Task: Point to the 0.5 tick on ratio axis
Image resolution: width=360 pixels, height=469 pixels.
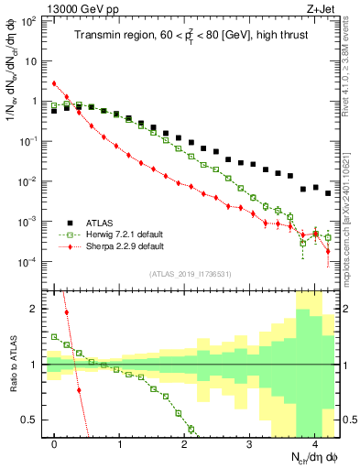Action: [34, 420]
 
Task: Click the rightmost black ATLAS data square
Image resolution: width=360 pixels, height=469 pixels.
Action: [328, 193]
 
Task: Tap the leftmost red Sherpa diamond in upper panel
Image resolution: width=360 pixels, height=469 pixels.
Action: [55, 83]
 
